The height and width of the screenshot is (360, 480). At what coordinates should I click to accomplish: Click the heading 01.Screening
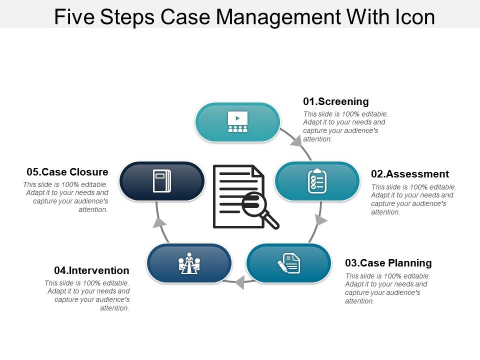point(336,101)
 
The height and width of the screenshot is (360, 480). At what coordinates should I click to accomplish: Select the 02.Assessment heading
point(410,174)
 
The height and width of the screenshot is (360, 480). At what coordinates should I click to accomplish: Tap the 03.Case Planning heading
point(388,263)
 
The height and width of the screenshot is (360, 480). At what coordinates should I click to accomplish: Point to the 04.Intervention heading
point(91,270)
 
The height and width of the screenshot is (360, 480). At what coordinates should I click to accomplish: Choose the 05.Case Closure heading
point(67,172)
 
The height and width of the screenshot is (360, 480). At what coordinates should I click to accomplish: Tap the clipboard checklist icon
point(317,181)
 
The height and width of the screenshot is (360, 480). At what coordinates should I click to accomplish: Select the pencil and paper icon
point(289,263)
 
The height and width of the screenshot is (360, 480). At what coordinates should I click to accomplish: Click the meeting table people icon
point(189,263)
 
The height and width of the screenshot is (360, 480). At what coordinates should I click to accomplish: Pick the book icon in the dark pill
point(161,181)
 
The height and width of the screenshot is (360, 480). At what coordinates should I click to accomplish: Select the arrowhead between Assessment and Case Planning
point(321,220)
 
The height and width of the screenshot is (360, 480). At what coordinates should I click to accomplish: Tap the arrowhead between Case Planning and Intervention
point(239,282)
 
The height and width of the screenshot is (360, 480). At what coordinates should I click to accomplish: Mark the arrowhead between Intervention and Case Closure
point(159,221)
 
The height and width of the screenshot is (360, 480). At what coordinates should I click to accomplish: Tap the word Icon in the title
point(413,16)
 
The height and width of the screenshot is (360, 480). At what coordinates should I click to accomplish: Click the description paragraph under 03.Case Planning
point(387,288)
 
